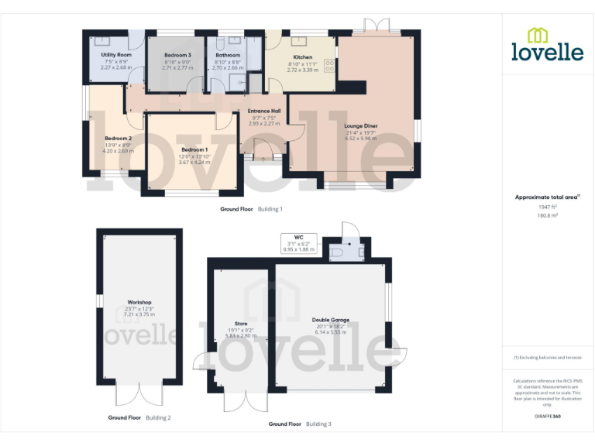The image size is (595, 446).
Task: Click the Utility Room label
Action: pyautogui.click(x=116, y=55)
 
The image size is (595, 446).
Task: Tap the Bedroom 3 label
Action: pyautogui.click(x=177, y=55)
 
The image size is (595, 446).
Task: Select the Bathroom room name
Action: pyautogui.click(x=228, y=55)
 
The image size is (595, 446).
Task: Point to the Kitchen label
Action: pyautogui.click(x=303, y=57)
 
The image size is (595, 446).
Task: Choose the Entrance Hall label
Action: pyautogui.click(x=264, y=111)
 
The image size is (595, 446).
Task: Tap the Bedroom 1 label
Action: pyautogui.click(x=194, y=149)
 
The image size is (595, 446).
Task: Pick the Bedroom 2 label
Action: pyautogui.click(x=118, y=138)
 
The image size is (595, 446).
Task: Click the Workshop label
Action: pyautogui.click(x=139, y=302)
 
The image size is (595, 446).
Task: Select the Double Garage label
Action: pyautogui.click(x=331, y=319)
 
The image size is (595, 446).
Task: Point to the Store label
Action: pyautogui.click(x=240, y=324)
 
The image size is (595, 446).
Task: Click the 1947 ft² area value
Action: pyautogui.click(x=547, y=207)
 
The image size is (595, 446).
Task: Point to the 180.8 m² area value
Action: pyautogui.click(x=547, y=216)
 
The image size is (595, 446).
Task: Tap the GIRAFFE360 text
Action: pyautogui.click(x=547, y=417)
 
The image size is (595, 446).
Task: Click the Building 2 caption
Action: pyautogui.click(x=159, y=417)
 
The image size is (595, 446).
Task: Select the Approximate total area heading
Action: pyautogui.click(x=545, y=197)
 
